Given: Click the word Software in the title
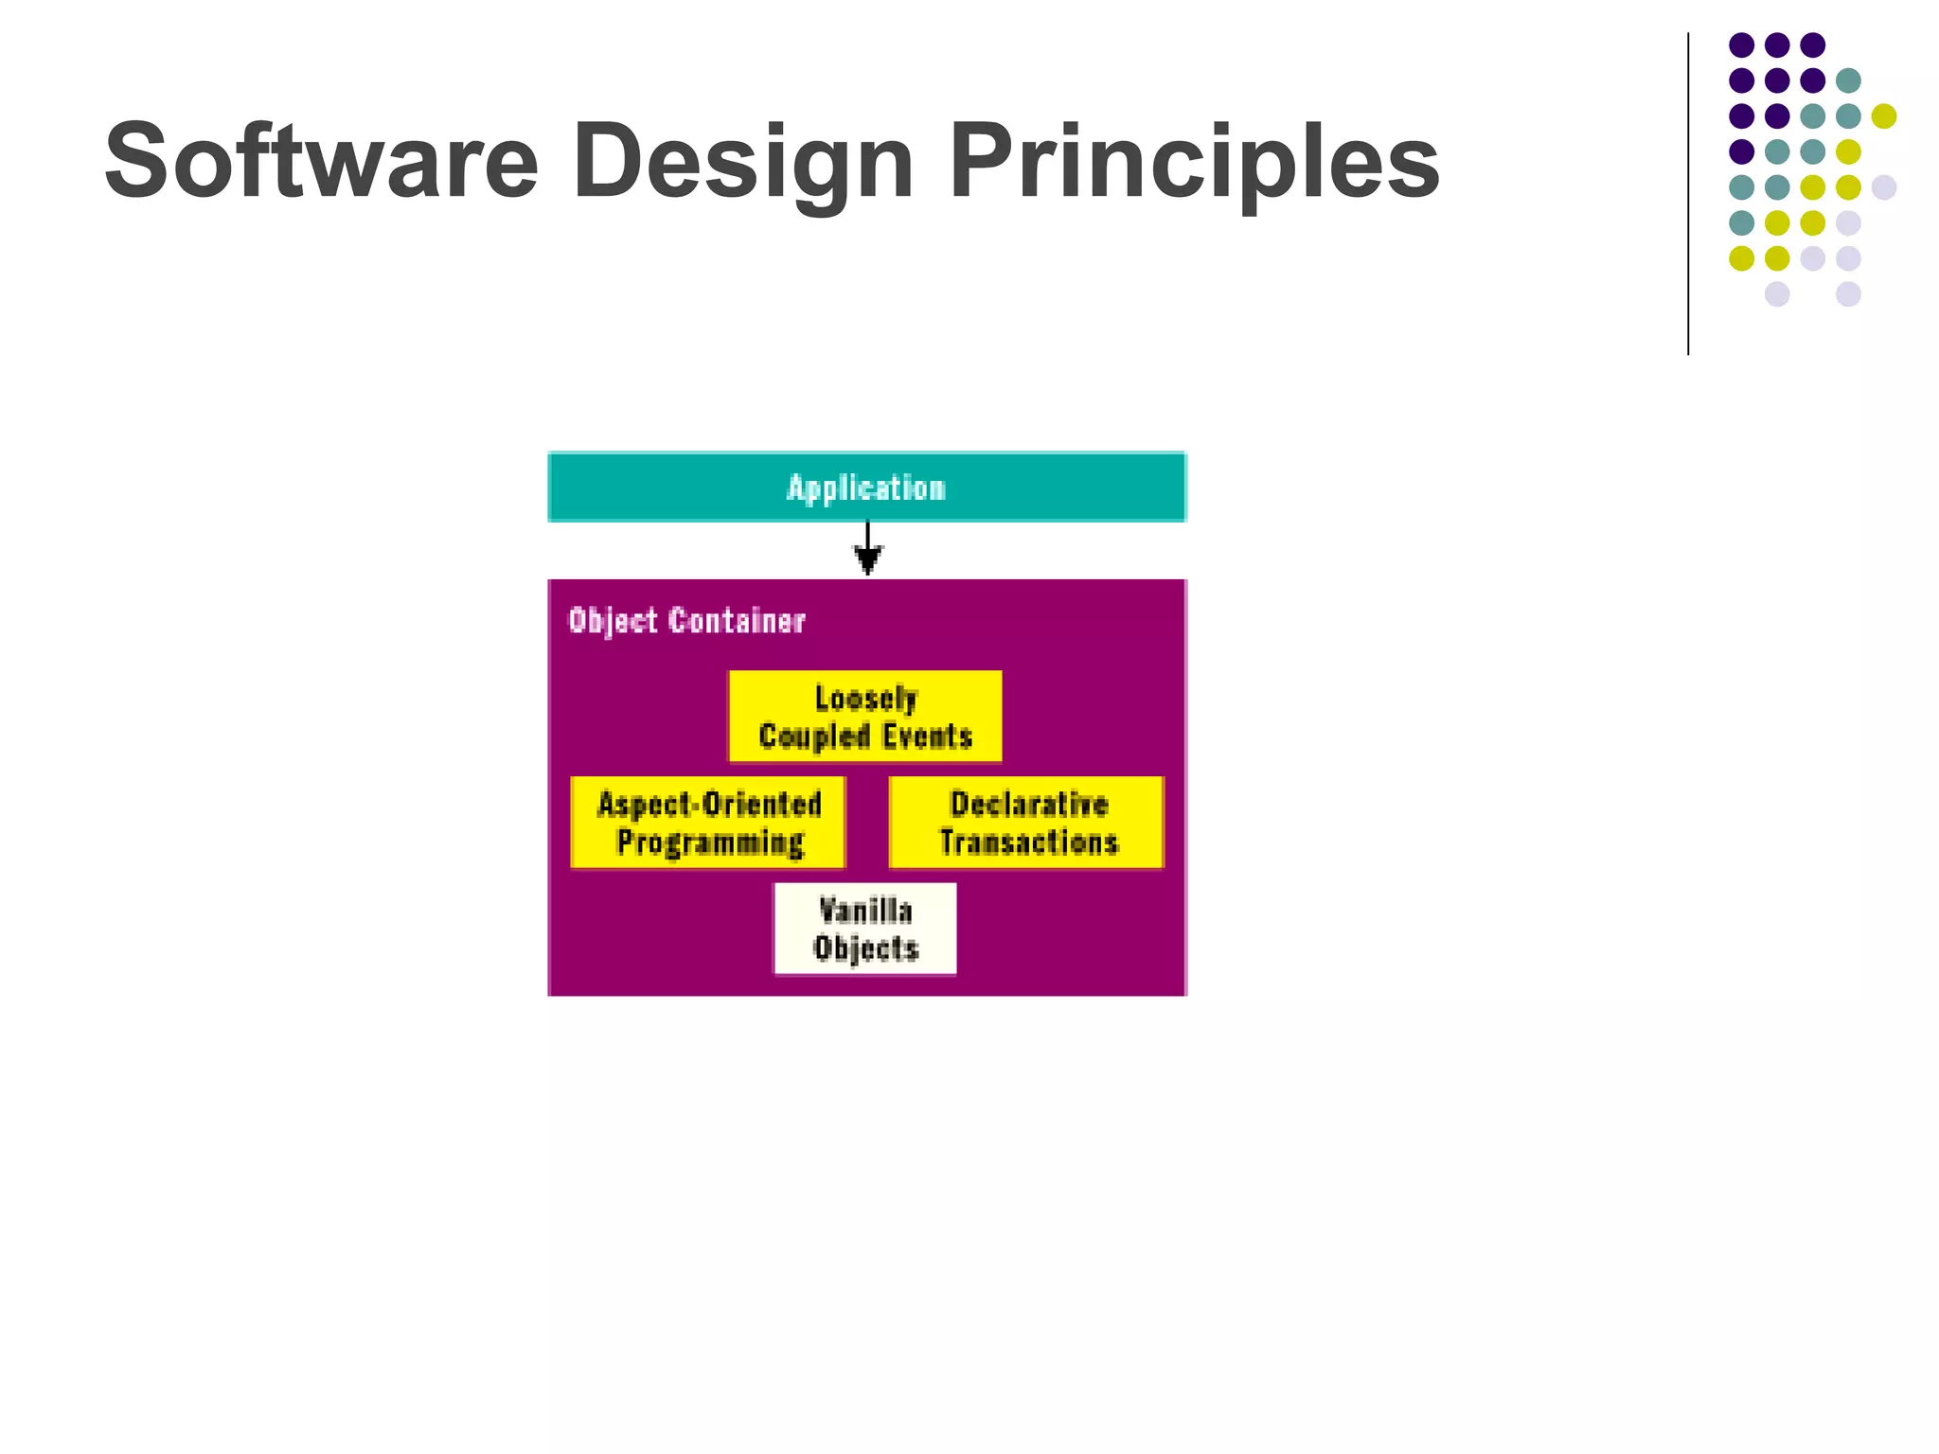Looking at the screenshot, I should pos(320,161).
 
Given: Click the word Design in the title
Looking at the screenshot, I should pos(742,161).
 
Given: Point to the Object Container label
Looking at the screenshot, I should pos(686,621).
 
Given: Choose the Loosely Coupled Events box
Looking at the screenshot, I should pos(865,717).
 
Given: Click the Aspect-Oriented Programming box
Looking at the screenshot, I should pos(708,823).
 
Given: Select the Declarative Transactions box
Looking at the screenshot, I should pos(1026,823).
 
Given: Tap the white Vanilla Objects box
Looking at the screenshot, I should pos(865,929).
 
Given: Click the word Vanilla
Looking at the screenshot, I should pos(865,911).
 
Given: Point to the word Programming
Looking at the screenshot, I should pos(710,842).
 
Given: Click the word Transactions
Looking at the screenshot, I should pos(1028,842).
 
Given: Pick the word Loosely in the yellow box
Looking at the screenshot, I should pos(865,699).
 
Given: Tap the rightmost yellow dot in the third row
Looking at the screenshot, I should pos(1883,116).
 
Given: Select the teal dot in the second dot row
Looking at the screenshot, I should pos(1848,80).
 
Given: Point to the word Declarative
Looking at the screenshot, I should pos(1028,805).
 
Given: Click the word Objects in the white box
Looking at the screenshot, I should pos(865,949).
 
